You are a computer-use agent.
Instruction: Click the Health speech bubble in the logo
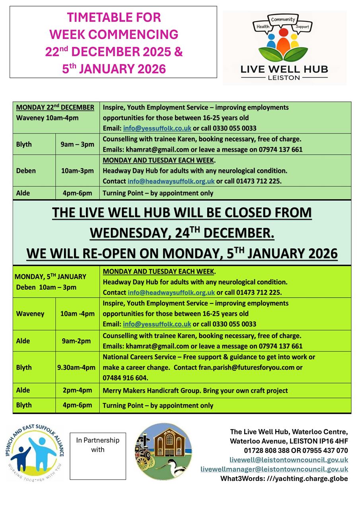click(x=263, y=26)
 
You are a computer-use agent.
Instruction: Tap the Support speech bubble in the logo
click(x=302, y=27)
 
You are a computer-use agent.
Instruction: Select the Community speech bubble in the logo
click(x=283, y=19)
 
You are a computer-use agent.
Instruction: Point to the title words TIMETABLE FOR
click(x=114, y=17)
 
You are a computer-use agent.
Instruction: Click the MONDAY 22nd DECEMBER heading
click(x=55, y=107)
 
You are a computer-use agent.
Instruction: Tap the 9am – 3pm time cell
click(x=77, y=144)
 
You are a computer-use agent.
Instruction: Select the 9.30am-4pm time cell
click(x=77, y=367)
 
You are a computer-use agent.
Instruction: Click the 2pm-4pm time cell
click(x=77, y=390)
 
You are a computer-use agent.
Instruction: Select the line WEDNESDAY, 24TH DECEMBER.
click(x=182, y=233)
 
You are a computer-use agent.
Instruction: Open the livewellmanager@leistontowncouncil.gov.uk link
click(x=274, y=469)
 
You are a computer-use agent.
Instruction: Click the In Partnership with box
click(x=98, y=456)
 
